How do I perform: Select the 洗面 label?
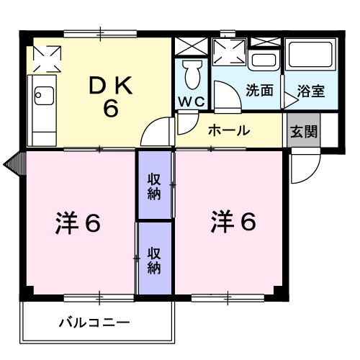click(x=258, y=91)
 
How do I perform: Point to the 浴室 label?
click(x=311, y=91)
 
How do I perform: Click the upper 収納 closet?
click(x=155, y=185)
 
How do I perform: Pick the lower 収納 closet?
click(x=155, y=258)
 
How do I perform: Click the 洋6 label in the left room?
click(x=78, y=223)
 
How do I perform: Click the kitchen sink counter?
click(x=42, y=108)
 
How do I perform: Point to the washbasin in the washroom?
click(x=265, y=61)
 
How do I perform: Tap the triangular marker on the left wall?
click(x=13, y=163)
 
